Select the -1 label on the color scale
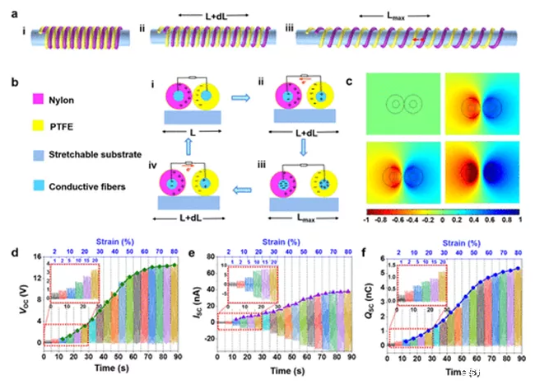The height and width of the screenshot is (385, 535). click(x=368, y=222)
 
